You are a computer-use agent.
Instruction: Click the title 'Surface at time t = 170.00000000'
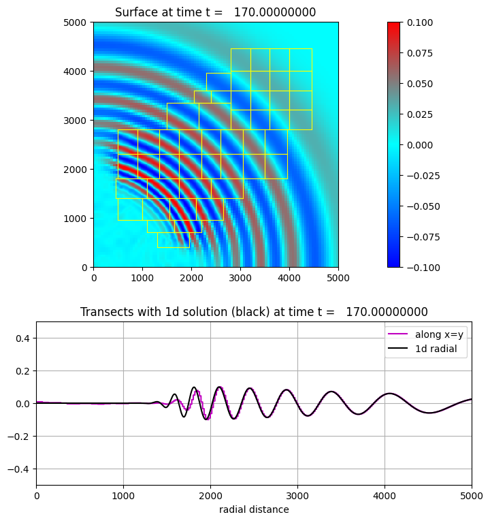tap(215, 12)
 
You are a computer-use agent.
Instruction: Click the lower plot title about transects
tap(254, 312)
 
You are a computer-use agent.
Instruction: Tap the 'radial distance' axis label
tap(254, 509)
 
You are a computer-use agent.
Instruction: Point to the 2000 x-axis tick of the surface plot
tap(191, 278)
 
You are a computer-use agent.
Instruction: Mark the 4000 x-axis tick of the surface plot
tap(289, 278)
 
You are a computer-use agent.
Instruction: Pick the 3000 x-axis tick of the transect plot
tap(297, 496)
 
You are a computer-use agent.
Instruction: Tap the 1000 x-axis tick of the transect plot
tap(123, 496)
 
